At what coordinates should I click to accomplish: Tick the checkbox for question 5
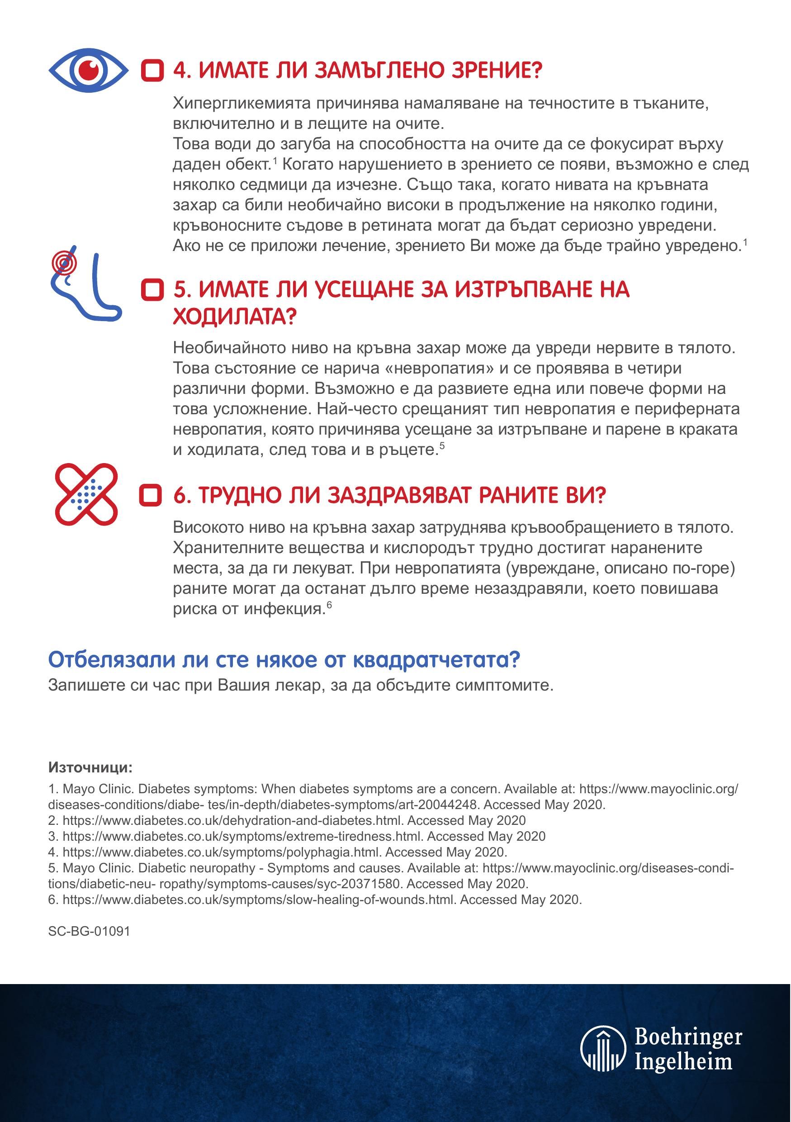tap(152, 290)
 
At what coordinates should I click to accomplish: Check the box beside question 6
tap(151, 496)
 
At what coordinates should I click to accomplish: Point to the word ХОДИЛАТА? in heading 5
tap(235, 317)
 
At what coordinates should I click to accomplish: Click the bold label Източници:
tap(90, 767)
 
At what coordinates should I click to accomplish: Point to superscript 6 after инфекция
tap(329, 605)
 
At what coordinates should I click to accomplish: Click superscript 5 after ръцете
tap(442, 445)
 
